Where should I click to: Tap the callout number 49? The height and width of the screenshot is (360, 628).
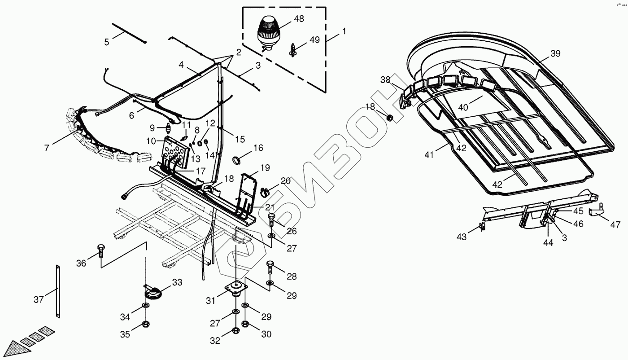(x=314, y=40)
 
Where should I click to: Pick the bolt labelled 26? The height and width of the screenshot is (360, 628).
(x=272, y=221)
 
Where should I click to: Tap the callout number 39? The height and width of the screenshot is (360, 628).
(x=555, y=53)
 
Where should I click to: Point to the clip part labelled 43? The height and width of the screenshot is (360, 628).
(x=482, y=227)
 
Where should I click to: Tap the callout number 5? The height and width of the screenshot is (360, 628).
(x=107, y=43)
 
